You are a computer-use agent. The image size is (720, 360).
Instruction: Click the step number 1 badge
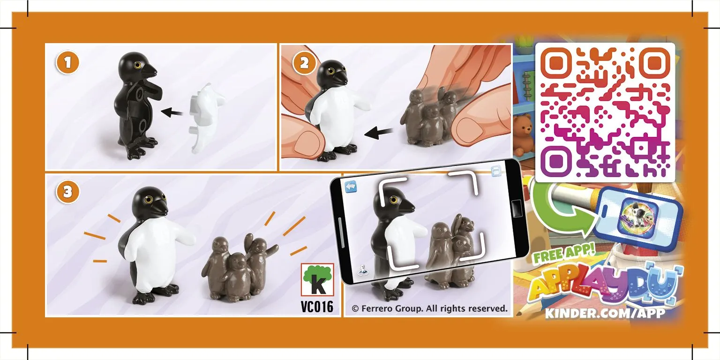pos(67,63)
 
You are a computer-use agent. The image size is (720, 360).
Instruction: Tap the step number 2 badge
pos(304,63)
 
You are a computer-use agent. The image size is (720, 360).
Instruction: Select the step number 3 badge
pos(67,192)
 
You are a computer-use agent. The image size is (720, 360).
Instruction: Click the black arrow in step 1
pos(172,112)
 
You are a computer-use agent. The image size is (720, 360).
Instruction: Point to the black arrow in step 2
pos(379,133)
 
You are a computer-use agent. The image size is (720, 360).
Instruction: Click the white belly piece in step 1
pos(206,118)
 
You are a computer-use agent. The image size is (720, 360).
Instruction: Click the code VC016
pos(317,307)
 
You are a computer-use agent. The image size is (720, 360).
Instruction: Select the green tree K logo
pos(317,280)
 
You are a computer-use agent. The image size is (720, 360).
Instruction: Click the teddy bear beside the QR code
pos(522,134)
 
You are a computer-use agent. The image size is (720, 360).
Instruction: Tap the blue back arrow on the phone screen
pos(351,187)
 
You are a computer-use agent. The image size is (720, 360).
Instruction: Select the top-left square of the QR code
pos(556,64)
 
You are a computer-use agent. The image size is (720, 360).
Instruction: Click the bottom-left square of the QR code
pos(556,161)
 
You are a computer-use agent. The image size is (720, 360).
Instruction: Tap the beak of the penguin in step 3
pos(159,210)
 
